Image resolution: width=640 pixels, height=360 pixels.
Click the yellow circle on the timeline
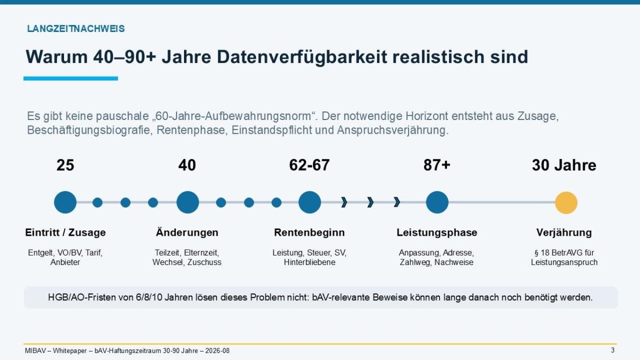click(566, 203)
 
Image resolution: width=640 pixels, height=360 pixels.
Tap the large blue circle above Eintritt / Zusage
click(65, 202)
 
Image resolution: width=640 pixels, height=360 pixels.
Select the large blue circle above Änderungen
click(187, 202)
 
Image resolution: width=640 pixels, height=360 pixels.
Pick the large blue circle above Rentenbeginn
click(310, 202)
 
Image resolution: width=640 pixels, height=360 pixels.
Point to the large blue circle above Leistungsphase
click(437, 202)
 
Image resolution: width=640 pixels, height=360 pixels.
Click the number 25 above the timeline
click(65, 165)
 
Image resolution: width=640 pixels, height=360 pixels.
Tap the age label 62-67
click(309, 165)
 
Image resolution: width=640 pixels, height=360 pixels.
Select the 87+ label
click(437, 165)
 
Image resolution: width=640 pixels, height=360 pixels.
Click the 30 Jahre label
click(564, 165)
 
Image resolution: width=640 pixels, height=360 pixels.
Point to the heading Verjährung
click(564, 233)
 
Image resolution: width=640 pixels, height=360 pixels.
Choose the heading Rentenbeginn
click(309, 233)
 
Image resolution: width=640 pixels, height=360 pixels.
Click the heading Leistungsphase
click(437, 233)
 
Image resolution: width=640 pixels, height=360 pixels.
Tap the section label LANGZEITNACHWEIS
click(76, 29)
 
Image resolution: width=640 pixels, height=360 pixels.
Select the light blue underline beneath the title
click(70, 78)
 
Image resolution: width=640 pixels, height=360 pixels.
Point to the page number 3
click(613, 350)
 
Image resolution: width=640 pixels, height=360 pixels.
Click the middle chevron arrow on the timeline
click(370, 202)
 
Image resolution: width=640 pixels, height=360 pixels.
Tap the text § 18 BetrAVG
click(555, 253)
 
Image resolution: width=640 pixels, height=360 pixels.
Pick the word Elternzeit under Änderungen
click(201, 253)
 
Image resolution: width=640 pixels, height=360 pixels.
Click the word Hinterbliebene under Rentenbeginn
click(309, 262)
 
